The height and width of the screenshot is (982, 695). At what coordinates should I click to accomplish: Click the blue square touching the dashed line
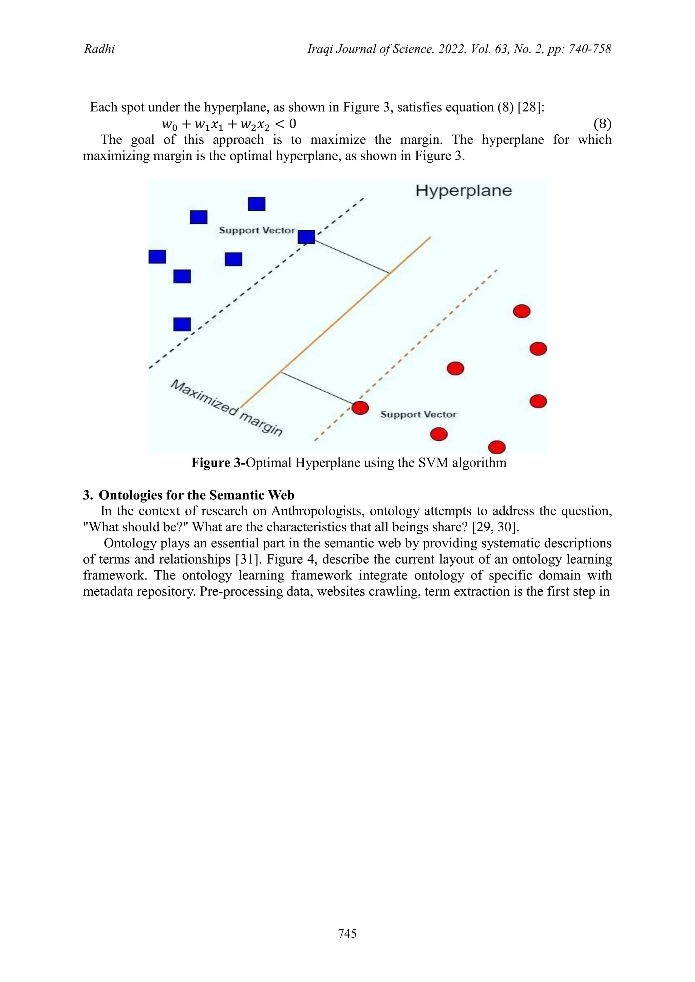click(x=306, y=237)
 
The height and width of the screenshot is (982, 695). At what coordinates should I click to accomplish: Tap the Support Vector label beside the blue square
click(x=257, y=230)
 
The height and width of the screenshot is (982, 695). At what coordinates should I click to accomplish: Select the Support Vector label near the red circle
click(x=418, y=414)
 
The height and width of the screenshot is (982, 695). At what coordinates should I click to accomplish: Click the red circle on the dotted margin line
click(x=360, y=408)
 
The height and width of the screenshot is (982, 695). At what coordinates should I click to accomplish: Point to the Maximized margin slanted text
click(x=227, y=408)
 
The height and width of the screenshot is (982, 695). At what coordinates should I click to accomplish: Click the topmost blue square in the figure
click(x=257, y=204)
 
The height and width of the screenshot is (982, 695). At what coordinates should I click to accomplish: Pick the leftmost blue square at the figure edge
click(x=157, y=257)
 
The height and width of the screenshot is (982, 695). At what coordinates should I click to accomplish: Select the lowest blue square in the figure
click(x=182, y=324)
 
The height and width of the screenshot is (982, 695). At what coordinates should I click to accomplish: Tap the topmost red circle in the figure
click(x=522, y=311)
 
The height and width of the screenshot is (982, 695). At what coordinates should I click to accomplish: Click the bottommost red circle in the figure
click(x=497, y=447)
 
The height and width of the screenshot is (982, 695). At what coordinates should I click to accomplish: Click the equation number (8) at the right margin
click(x=602, y=124)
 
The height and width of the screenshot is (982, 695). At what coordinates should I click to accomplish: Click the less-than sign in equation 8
click(x=280, y=124)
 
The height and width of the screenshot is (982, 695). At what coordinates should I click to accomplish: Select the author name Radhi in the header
click(x=99, y=49)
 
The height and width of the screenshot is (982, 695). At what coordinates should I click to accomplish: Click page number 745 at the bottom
click(x=347, y=934)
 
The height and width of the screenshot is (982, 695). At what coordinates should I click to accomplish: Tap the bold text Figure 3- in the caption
click(x=218, y=463)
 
